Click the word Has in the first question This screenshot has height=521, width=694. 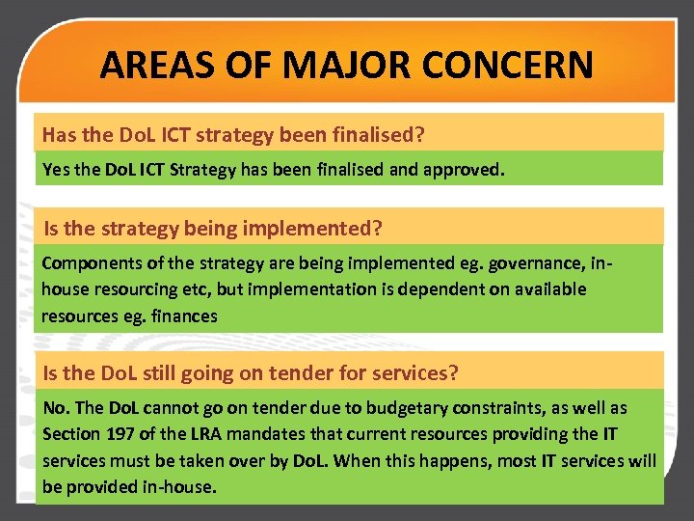59,133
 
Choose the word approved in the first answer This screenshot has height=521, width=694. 462,171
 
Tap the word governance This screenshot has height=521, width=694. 529,263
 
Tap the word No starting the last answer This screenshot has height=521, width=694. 54,409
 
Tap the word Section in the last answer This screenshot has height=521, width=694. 72,435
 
